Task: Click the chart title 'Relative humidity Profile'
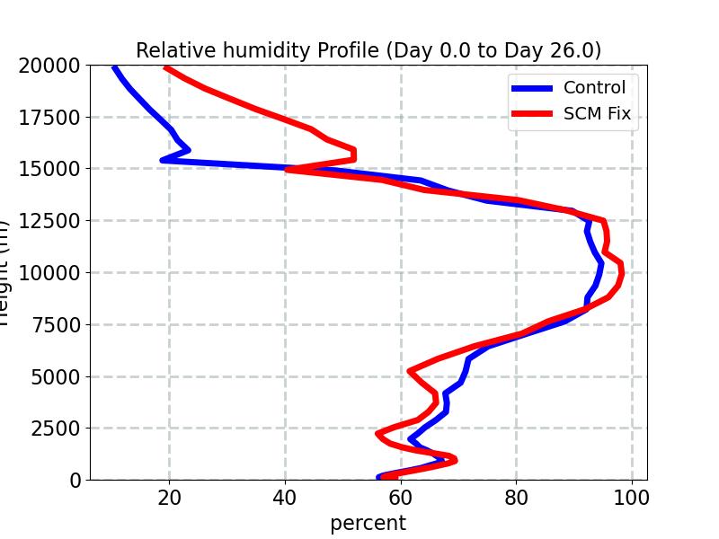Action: tap(368, 50)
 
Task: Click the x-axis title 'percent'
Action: tap(368, 523)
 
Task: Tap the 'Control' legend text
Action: tap(594, 87)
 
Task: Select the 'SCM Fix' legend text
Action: tap(597, 114)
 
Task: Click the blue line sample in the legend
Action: tap(532, 88)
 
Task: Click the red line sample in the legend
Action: tap(532, 115)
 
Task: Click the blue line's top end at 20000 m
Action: tap(114, 67)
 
